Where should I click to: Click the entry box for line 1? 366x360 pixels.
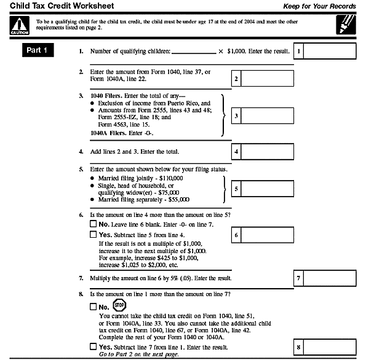click(x=330, y=52)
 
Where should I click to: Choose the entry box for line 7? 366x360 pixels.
click(x=330, y=278)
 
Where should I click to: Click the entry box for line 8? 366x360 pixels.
click(x=330, y=348)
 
